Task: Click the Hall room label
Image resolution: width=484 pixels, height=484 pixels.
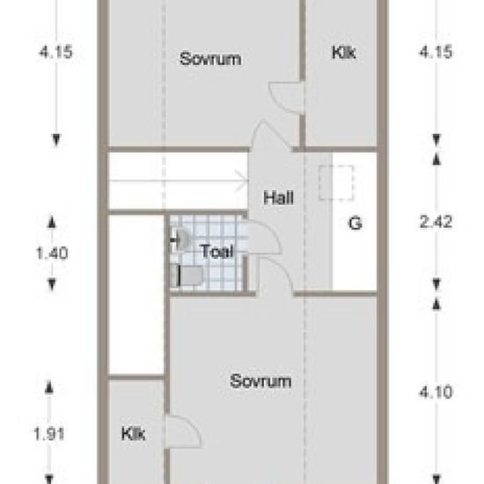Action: (278, 198)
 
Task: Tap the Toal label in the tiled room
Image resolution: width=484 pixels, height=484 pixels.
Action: (217, 252)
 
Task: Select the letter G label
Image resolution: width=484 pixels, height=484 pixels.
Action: (355, 223)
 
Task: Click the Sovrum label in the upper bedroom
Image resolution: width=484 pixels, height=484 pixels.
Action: (210, 59)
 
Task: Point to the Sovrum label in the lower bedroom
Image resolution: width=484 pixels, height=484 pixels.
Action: (260, 381)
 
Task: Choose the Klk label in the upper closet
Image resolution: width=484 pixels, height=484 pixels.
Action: (343, 52)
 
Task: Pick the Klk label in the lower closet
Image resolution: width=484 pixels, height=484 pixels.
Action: (133, 434)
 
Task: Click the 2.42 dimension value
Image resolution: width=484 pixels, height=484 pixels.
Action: (436, 222)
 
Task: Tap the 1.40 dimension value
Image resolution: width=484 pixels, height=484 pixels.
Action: (52, 253)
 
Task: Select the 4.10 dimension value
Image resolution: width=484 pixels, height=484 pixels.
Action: (436, 392)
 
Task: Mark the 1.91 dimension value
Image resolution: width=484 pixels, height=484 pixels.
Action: (48, 434)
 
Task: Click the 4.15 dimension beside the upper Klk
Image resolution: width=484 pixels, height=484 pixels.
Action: (436, 52)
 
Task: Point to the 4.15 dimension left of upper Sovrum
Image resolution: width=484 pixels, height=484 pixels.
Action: (55, 52)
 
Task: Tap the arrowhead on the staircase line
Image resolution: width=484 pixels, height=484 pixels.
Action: (242, 180)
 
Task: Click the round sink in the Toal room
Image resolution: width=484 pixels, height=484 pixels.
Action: (182, 239)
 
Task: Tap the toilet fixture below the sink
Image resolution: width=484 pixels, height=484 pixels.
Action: (189, 275)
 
